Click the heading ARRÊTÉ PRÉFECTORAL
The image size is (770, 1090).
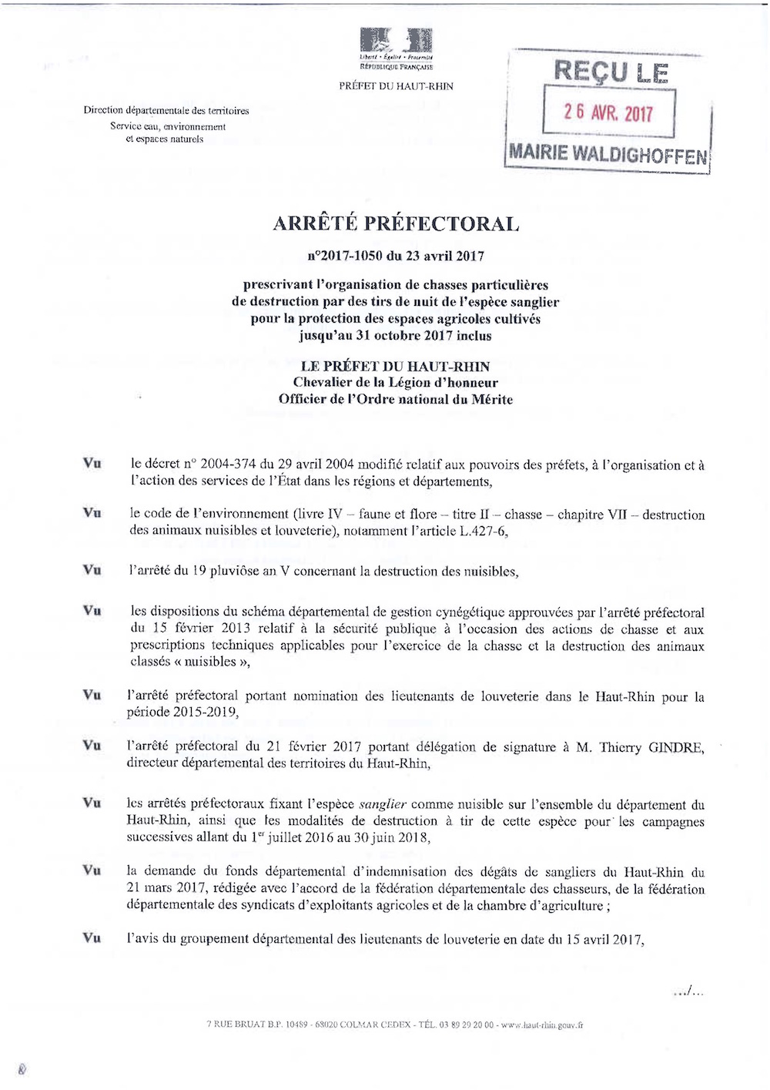(396, 224)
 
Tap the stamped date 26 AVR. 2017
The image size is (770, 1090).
(608, 112)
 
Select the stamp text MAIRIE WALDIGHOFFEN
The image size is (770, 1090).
(608, 153)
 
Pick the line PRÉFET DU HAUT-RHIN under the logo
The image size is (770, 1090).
(396, 86)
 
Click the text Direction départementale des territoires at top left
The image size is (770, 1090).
(166, 110)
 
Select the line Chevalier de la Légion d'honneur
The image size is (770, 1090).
(396, 383)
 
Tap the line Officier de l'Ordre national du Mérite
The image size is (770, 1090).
(396, 399)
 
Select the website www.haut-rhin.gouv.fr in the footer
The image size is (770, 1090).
(542, 1025)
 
